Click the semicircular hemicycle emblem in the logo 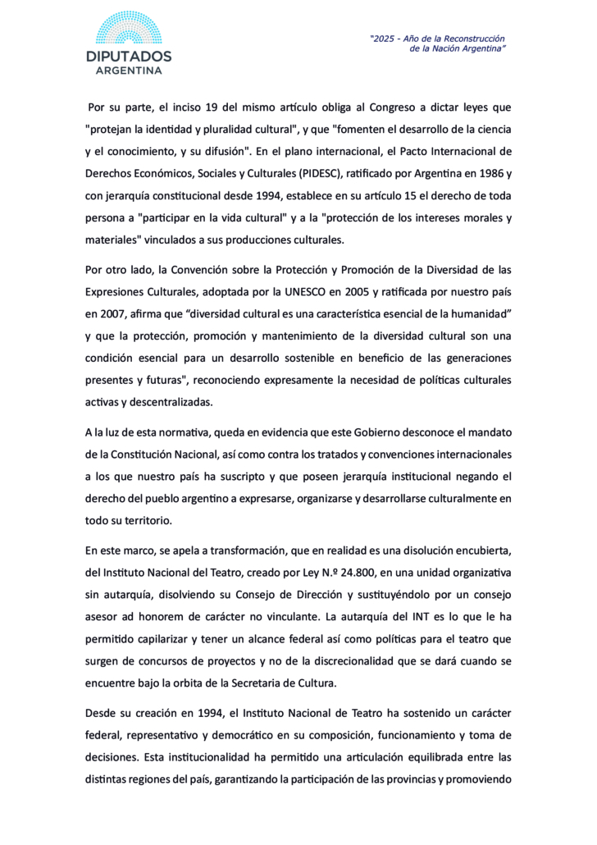coord(129,29)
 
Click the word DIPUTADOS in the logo coord(129,57)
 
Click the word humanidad coord(476,313)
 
